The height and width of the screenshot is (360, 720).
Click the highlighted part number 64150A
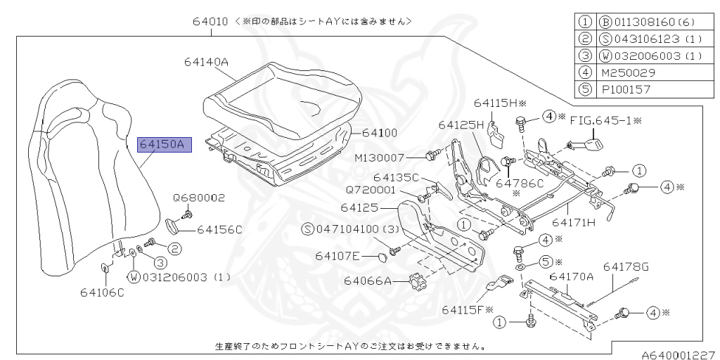pos(162,146)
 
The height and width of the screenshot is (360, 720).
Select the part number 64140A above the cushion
pos(207,62)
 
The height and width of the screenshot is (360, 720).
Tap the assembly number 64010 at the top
pos(210,21)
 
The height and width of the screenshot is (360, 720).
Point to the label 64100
pos(380,132)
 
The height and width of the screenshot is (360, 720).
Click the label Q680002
pos(199,198)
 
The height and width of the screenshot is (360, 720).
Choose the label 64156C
pos(219,229)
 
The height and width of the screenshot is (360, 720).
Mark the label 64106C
pos(102,292)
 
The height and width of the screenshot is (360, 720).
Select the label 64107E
pos(338,256)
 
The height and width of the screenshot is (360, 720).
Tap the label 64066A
pos(367,281)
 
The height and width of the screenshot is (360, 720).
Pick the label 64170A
pos(572,276)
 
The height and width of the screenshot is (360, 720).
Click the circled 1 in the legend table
pos(584,21)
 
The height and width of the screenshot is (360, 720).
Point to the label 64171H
pos(573,223)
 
